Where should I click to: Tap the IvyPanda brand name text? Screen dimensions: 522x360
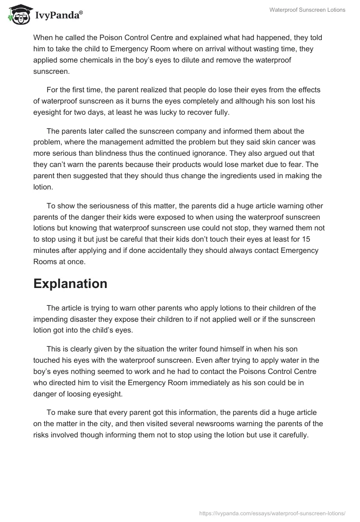(58, 15)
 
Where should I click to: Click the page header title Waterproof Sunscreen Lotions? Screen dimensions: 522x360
(307, 10)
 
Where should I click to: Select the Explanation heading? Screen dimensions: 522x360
(70, 283)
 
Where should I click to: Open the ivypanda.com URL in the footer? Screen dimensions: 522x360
(272, 513)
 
